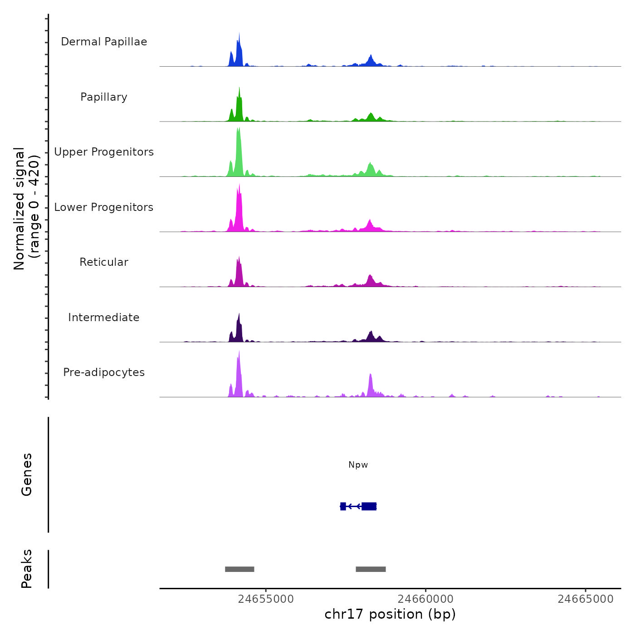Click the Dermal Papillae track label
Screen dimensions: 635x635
click(104, 42)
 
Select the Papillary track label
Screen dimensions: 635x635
click(104, 97)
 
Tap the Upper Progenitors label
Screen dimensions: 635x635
click(104, 152)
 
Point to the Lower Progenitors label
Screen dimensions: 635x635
click(104, 207)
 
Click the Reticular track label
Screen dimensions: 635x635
click(104, 262)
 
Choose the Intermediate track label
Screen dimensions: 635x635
click(104, 317)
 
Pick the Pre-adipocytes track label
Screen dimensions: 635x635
click(104, 372)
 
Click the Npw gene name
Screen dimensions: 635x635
click(358, 465)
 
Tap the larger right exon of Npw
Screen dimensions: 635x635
click(369, 506)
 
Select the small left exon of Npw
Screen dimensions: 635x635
click(343, 506)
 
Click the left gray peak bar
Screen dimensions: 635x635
click(239, 569)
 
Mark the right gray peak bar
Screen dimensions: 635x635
click(371, 569)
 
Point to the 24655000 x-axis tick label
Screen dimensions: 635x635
click(266, 599)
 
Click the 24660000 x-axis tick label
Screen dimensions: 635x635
click(425, 599)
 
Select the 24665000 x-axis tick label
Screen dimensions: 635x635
click(586, 599)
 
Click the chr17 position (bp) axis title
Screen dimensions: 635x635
click(390, 614)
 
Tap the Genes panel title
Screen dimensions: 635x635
click(27, 474)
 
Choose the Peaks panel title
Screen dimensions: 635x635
click(27, 569)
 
